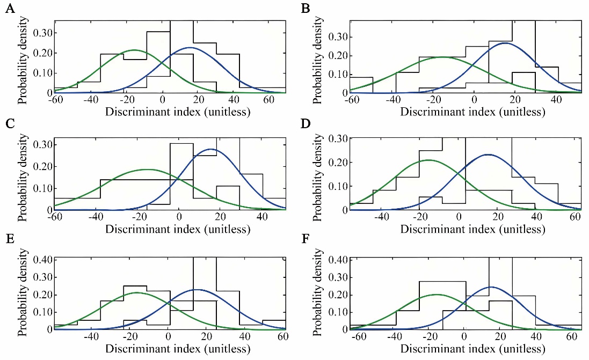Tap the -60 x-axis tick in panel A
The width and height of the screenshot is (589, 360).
point(55,101)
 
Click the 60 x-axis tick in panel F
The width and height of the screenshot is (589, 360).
point(571,337)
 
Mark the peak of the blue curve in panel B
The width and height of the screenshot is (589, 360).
point(505,43)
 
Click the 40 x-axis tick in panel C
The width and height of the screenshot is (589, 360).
point(263,218)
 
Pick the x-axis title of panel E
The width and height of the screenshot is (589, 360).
point(178,348)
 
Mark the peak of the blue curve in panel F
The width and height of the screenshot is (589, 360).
point(491,287)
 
